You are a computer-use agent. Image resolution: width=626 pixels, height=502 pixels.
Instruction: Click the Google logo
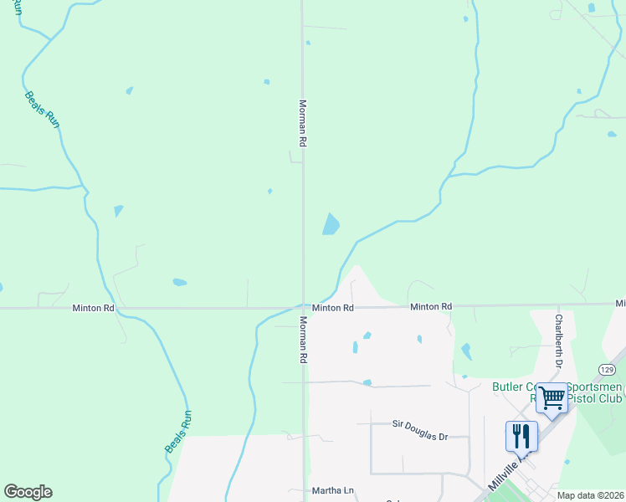point(28,492)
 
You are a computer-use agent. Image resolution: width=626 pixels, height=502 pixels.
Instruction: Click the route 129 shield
point(608,369)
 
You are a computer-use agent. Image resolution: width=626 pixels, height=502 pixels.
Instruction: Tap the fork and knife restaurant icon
point(521,434)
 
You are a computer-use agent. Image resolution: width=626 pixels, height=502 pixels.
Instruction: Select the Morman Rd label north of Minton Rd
point(303,125)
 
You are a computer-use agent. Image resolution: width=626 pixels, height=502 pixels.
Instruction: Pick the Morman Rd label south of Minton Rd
point(303,339)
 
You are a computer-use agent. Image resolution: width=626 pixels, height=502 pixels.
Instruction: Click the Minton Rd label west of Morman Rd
point(92,309)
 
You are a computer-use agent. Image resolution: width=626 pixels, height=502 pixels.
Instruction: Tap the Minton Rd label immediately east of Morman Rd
point(333,308)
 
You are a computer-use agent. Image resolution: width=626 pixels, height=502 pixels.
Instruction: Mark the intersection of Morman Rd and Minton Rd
point(303,308)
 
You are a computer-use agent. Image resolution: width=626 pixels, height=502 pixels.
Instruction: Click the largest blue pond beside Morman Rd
point(331,223)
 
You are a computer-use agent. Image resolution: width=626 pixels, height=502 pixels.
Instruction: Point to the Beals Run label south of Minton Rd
point(178,432)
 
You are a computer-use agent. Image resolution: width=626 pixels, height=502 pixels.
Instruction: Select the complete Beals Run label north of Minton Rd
point(43,109)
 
